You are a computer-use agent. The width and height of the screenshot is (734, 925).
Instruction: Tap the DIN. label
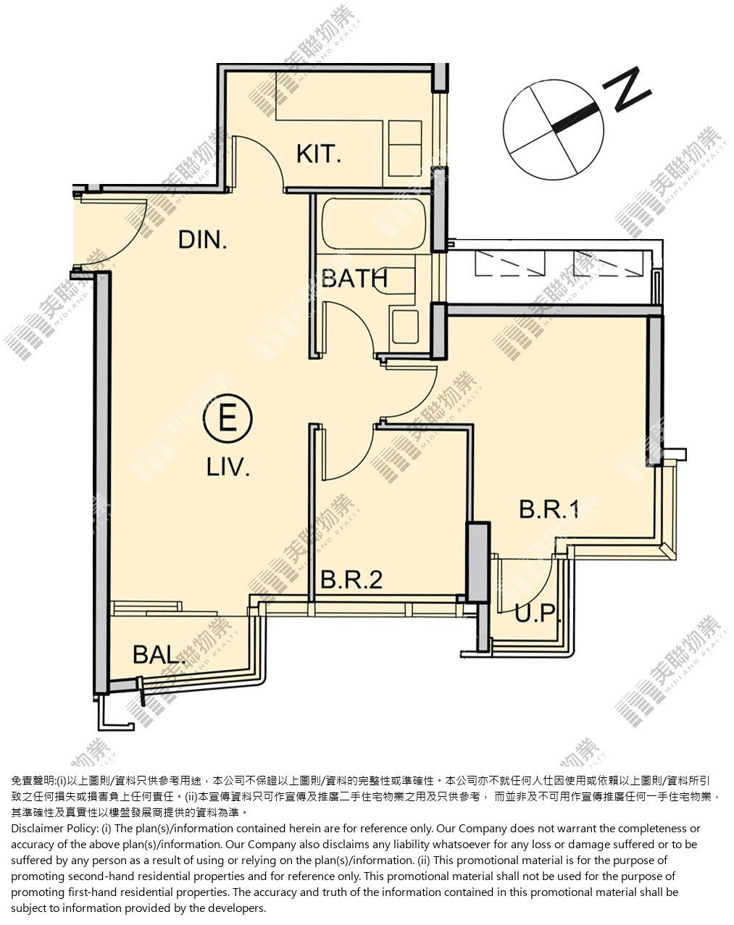coord(202,240)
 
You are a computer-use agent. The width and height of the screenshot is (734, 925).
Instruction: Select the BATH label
coord(354,278)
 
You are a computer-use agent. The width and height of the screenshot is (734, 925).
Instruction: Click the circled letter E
coord(228,418)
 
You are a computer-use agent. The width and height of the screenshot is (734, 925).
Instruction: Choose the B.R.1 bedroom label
coord(549,508)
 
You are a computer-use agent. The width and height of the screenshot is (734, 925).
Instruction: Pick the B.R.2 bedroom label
coord(351,579)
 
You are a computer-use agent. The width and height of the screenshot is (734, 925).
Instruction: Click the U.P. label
coord(538,613)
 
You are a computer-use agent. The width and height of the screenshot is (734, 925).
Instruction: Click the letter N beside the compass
coord(627,91)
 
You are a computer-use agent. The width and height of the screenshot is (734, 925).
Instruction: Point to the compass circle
coord(554,130)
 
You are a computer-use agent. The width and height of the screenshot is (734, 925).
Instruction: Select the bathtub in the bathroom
coord(374,224)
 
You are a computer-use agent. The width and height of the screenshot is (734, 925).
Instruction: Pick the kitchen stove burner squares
coord(404,148)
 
